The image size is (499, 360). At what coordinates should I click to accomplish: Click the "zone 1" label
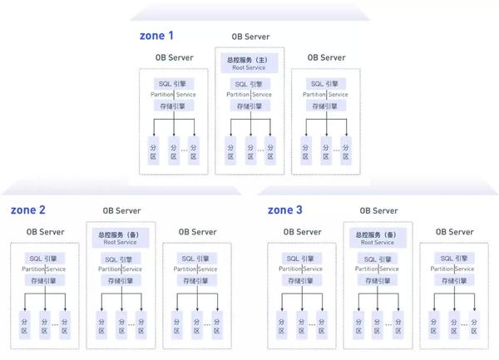(156, 36)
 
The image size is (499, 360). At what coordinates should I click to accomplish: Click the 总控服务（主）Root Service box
(249, 63)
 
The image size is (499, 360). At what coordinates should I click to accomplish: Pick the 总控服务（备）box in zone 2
(121, 238)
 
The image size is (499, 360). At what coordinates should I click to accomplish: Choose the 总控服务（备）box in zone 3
(378, 238)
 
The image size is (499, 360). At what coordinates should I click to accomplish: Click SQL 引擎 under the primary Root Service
(249, 83)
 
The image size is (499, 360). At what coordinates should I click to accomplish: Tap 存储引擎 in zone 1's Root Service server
(249, 106)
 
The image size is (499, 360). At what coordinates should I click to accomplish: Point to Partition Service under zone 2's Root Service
(121, 269)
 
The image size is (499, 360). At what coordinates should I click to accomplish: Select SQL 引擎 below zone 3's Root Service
(378, 258)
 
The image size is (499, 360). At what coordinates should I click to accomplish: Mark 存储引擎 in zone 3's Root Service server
(378, 280)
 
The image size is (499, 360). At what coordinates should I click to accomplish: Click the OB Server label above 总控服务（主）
(249, 38)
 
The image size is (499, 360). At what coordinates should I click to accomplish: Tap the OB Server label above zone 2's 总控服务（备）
(121, 211)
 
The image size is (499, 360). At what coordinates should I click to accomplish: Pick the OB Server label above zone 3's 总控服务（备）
(378, 211)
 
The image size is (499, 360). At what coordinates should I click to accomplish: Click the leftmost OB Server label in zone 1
(174, 57)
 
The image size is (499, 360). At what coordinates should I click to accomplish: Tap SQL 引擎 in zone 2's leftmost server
(45, 258)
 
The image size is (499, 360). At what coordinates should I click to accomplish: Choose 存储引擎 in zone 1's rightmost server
(326, 106)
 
